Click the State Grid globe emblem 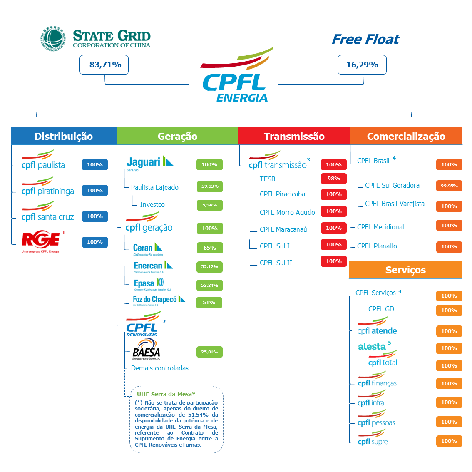click(53, 39)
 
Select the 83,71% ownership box click(104, 65)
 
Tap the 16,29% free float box click(362, 65)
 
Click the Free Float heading click(365, 40)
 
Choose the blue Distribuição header click(64, 136)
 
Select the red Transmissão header click(294, 136)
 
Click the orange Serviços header click(405, 270)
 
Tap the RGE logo click(41, 241)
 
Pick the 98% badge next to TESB click(333, 179)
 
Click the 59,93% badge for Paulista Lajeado click(210, 186)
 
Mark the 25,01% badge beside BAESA click(209, 352)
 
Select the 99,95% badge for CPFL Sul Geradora click(449, 186)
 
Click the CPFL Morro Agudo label click(287, 212)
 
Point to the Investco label click(152, 204)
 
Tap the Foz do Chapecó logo click(158, 300)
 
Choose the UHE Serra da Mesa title click(166, 394)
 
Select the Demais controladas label click(160, 368)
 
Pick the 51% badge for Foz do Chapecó click(209, 303)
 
